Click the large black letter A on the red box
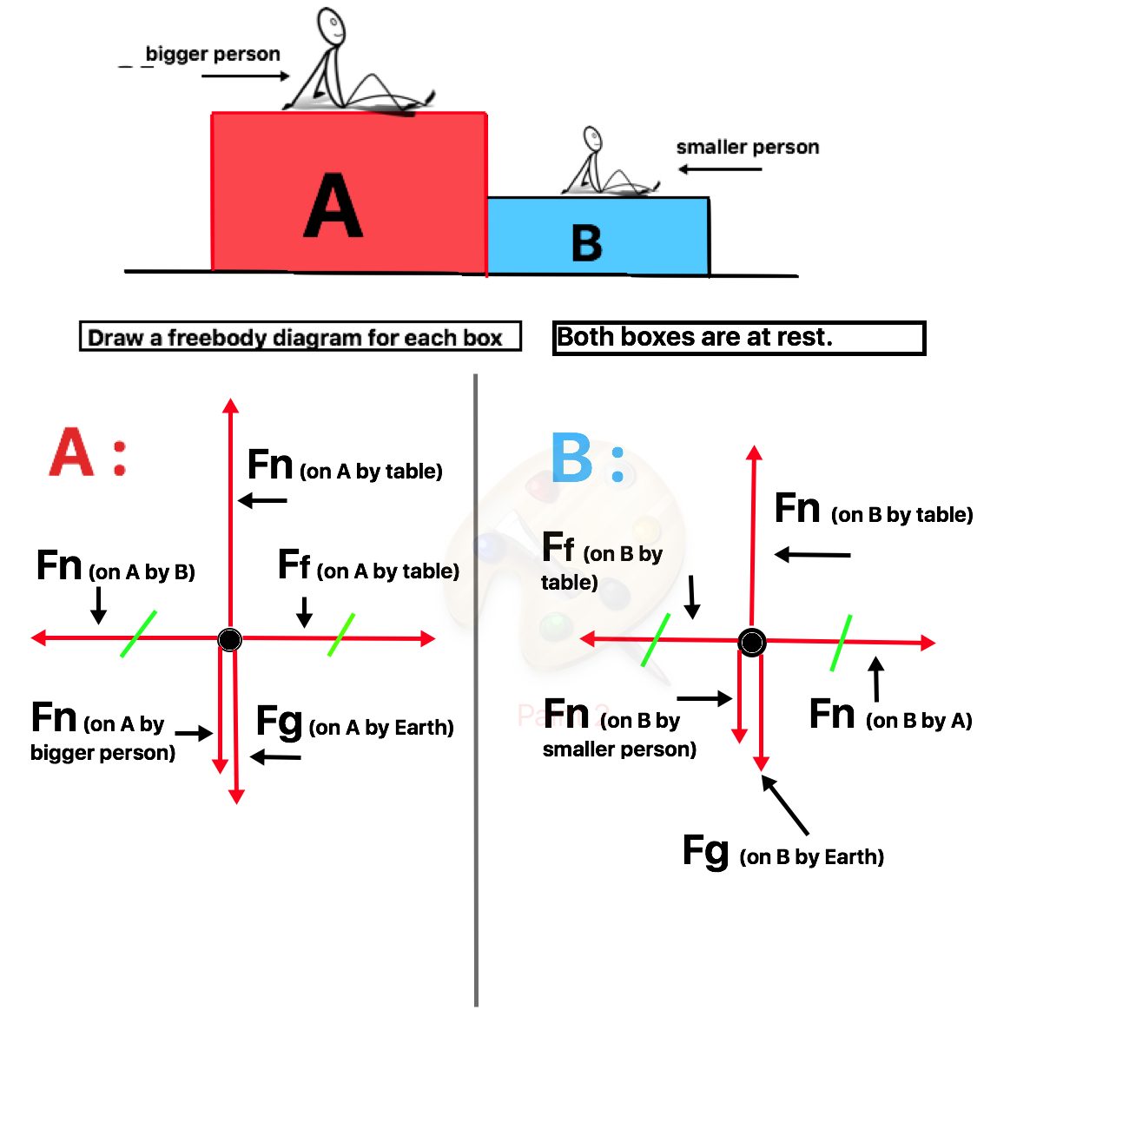(333, 205)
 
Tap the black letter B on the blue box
(586, 243)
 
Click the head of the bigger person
(331, 25)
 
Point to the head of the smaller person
(592, 139)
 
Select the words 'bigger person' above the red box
(213, 54)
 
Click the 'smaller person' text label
(748, 147)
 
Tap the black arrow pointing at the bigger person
(246, 76)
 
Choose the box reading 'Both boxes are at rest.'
(739, 338)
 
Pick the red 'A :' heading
(88, 451)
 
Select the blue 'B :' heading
(588, 457)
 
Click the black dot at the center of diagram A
(229, 639)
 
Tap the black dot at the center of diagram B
(752, 643)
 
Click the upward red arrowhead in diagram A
(230, 406)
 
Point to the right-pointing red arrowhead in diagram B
(928, 643)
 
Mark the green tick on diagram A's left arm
(138, 634)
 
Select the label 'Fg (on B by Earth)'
(783, 853)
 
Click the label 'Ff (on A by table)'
(368, 565)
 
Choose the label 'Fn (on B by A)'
(890, 715)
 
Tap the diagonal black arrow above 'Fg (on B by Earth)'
(785, 804)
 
